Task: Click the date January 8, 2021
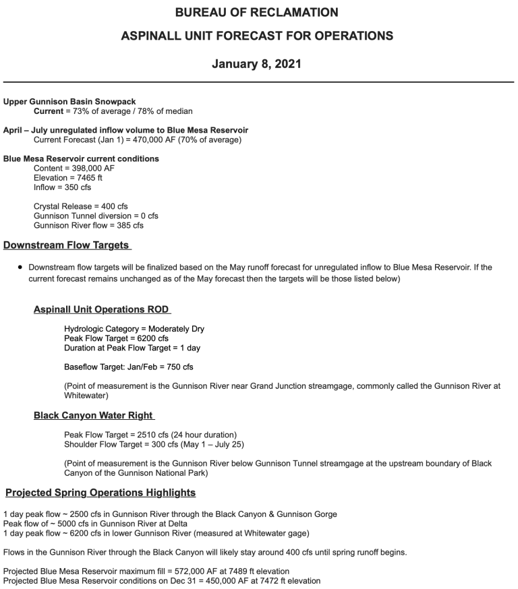pos(256,65)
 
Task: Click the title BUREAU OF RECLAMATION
pos(256,13)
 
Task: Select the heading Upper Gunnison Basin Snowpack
pos(69,102)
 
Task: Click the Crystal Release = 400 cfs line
pos(80,206)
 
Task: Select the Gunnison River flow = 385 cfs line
pos(88,225)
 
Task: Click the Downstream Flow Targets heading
pos(67,245)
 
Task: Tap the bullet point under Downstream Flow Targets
pos(21,268)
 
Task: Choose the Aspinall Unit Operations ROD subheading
pos(102,309)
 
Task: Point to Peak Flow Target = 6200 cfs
pos(117,338)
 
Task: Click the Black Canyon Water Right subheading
pos(94,415)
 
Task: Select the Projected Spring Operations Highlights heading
pos(100,493)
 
